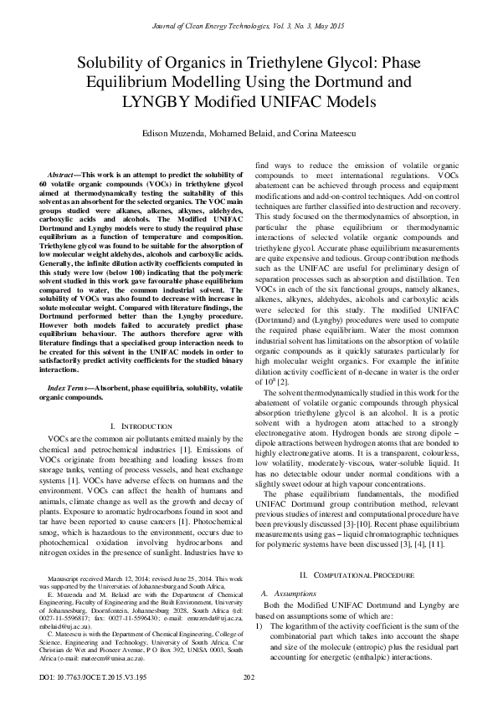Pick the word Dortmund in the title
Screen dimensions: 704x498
[x=372, y=83]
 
